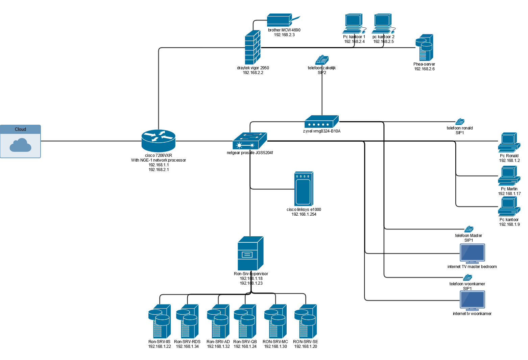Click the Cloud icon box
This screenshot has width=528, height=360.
pyautogui.click(x=20, y=141)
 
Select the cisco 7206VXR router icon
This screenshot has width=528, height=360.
pyautogui.click(x=158, y=141)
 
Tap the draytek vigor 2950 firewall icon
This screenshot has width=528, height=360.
pyautogui.click(x=253, y=48)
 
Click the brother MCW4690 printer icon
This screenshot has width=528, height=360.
pyautogui.click(x=280, y=20)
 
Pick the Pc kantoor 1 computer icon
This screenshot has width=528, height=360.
pyautogui.click(x=354, y=24)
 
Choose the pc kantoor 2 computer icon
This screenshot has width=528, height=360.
pyautogui.click(x=383, y=24)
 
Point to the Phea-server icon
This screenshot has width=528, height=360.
pyautogui.click(x=425, y=48)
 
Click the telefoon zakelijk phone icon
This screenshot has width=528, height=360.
pyautogui.click(x=322, y=60)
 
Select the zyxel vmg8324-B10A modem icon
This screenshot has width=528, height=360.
pyautogui.click(x=321, y=122)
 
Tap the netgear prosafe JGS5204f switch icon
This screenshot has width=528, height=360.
pyautogui.click(x=250, y=141)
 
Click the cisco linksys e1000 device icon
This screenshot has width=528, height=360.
pyautogui.click(x=304, y=189)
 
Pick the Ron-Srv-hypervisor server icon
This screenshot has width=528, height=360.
pyautogui.click(x=250, y=253)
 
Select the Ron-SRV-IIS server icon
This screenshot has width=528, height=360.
pyautogui.click(x=159, y=321)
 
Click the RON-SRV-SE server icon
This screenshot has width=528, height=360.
pyautogui.click(x=305, y=321)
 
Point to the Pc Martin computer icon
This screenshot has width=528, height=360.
pyautogui.click(x=509, y=176)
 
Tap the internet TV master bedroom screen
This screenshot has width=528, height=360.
pyautogui.click(x=472, y=254)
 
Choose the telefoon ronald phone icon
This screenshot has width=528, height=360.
pyautogui.click(x=460, y=122)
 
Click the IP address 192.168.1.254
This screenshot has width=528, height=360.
pyautogui.click(x=304, y=214)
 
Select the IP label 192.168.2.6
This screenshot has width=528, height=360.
pyautogui.click(x=424, y=69)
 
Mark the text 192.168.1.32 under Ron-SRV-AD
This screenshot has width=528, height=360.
pyautogui.click(x=218, y=346)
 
